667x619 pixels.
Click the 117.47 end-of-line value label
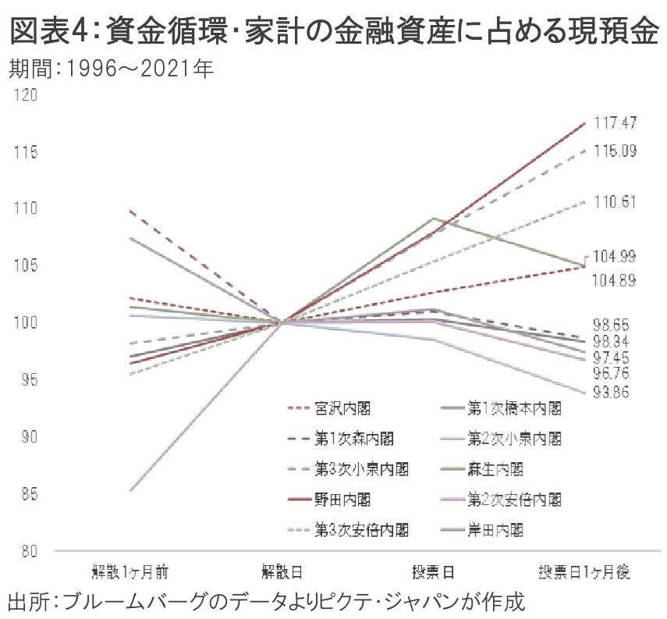pyautogui.click(x=616, y=123)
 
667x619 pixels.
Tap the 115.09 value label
pyautogui.click(x=616, y=151)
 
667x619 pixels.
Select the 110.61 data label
pyautogui.click(x=616, y=201)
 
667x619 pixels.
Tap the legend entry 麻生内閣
pyautogui.click(x=495, y=469)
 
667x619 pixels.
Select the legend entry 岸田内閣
pyautogui.click(x=495, y=529)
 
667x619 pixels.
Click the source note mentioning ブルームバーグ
pyautogui.click(x=265, y=601)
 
